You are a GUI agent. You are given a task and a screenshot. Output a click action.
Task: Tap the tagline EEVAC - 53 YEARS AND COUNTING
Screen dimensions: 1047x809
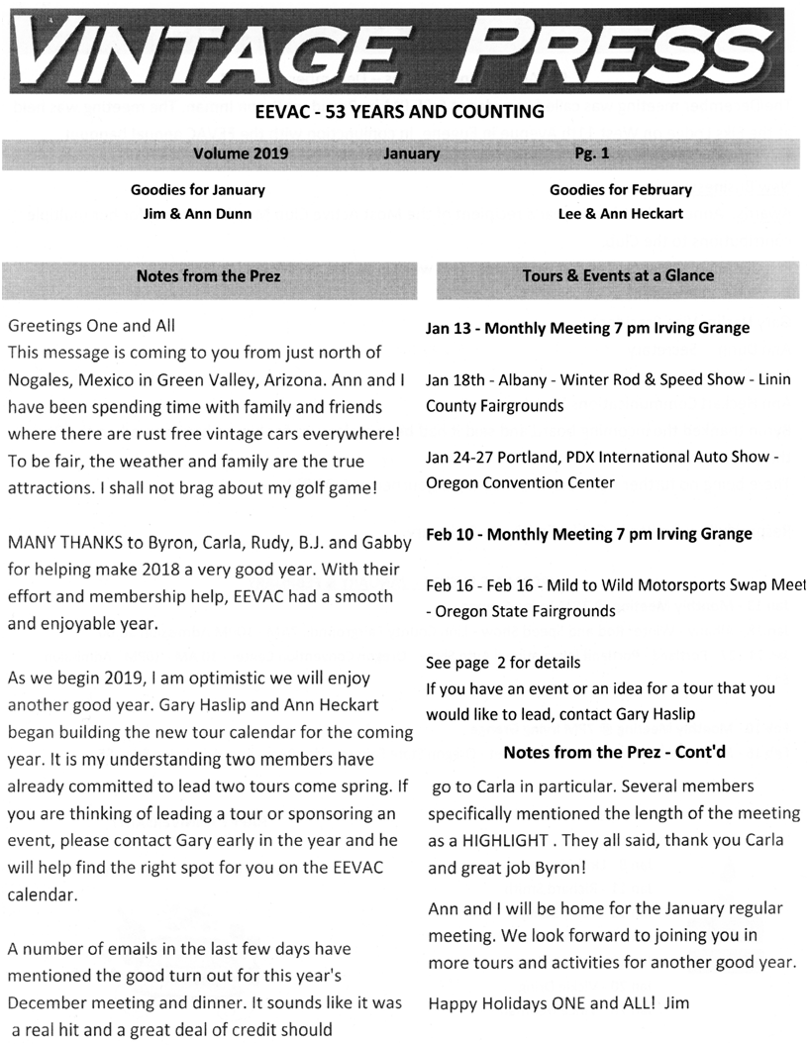click(x=404, y=111)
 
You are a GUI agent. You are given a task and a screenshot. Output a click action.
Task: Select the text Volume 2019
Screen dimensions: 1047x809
click(x=235, y=154)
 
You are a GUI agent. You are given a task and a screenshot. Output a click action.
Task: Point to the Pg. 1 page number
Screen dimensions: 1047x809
click(x=591, y=154)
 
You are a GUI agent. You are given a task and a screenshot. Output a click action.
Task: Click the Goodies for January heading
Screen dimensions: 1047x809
click(x=197, y=189)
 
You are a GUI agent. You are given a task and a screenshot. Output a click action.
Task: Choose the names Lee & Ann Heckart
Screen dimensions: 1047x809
click(x=620, y=213)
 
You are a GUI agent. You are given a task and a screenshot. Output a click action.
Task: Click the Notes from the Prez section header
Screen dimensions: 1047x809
click(x=208, y=275)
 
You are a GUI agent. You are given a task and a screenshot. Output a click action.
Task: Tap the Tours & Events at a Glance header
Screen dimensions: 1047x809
click(x=618, y=275)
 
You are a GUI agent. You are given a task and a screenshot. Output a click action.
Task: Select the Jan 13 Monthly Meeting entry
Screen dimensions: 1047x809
click(x=587, y=328)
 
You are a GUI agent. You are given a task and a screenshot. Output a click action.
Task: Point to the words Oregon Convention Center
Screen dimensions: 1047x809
click(x=520, y=482)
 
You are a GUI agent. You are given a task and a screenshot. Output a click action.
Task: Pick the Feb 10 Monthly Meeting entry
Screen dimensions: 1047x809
click(x=588, y=534)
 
